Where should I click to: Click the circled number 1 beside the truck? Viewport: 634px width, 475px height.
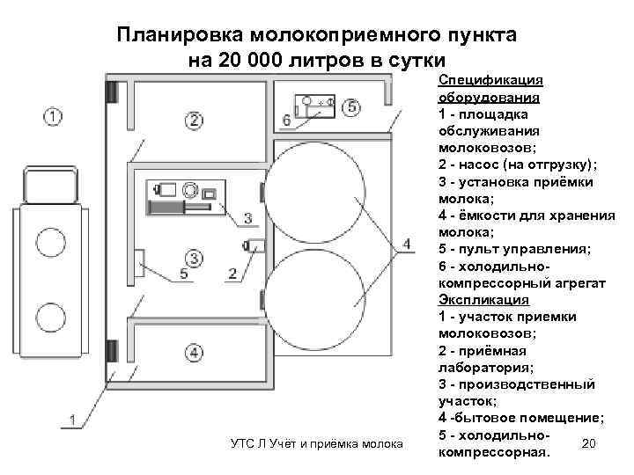point(53,115)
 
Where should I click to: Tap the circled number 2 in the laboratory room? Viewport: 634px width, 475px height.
point(194,120)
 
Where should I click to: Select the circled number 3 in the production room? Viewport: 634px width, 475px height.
point(195,258)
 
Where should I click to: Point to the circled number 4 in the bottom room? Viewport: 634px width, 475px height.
point(194,354)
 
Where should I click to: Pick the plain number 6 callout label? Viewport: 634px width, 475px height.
point(287,119)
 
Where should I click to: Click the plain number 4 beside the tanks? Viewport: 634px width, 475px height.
point(405,244)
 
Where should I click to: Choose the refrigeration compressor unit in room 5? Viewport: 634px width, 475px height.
point(313,105)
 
